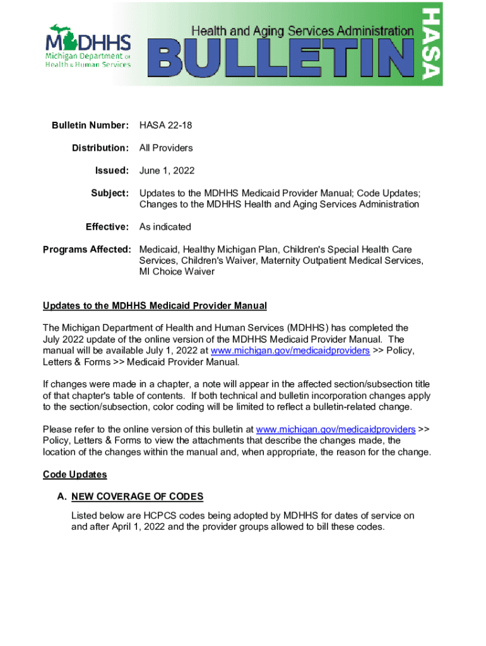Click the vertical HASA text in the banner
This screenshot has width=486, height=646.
pos(432,44)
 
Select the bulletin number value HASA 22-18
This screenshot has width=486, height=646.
pos(165,126)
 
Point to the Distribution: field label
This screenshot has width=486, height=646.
pos(100,148)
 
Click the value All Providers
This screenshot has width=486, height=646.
pos(166,148)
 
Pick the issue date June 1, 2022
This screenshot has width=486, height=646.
pos(167,170)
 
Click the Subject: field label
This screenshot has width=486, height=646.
pos(110,192)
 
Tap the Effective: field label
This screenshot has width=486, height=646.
pos(108,226)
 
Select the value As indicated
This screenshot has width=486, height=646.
pos(165,226)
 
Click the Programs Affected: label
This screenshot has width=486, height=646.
pos(86,249)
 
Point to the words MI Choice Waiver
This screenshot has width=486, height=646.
pos(177,272)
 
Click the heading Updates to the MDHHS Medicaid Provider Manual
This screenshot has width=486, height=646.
pos(155,306)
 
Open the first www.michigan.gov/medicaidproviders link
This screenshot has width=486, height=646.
pos(290,351)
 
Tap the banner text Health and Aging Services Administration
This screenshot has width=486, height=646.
pos(302,30)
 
